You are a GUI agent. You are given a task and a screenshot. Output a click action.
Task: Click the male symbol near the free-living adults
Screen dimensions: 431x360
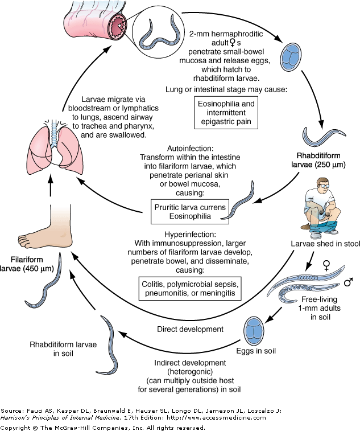pyautogui.click(x=348, y=281)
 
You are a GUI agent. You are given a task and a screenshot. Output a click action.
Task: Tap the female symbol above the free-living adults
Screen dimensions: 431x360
pyautogui.click(x=326, y=264)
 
